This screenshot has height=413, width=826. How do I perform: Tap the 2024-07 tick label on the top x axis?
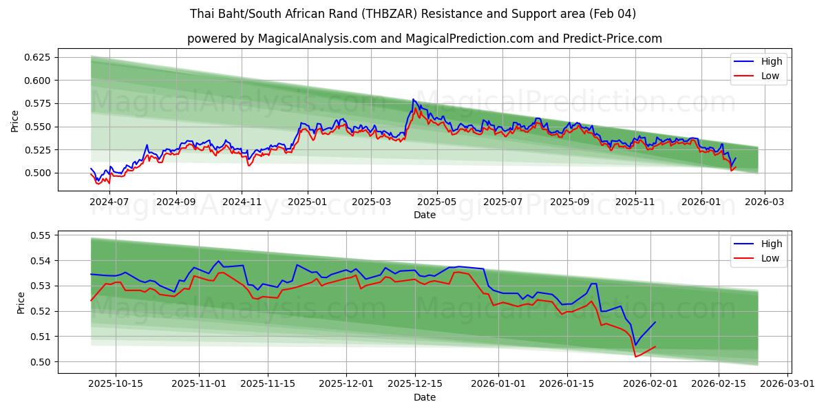pyautogui.click(x=110, y=202)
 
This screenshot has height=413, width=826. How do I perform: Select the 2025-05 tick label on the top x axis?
pyautogui.click(x=437, y=202)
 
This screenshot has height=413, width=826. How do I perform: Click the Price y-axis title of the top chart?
pyautogui.click(x=15, y=121)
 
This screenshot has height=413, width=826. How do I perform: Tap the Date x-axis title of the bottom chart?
pyautogui.click(x=424, y=397)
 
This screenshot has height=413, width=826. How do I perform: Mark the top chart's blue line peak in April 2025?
pyautogui.click(x=413, y=99)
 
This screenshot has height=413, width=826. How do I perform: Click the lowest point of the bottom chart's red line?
pyautogui.click(x=635, y=356)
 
